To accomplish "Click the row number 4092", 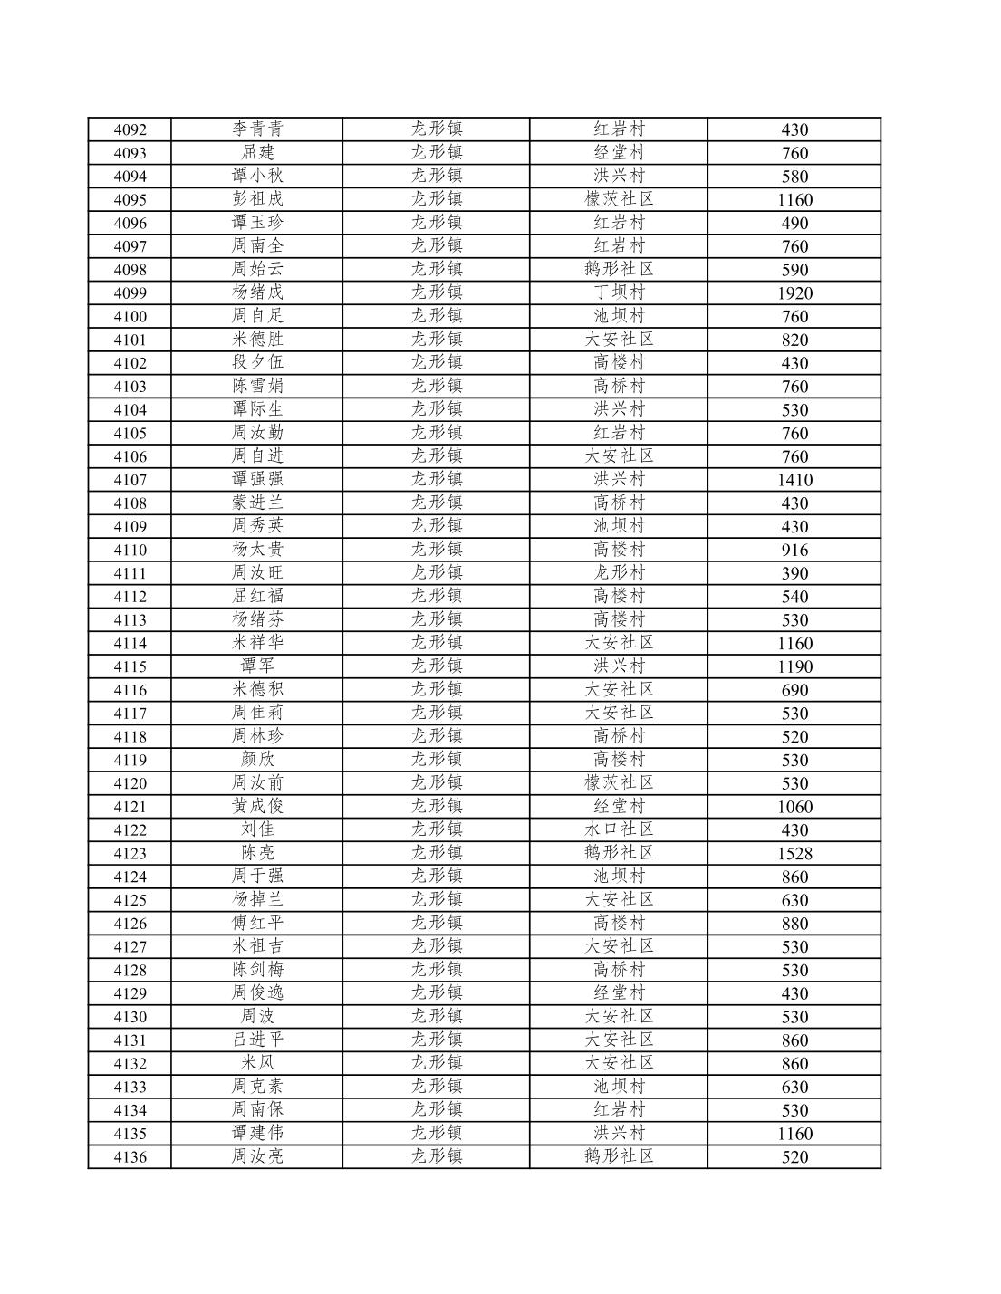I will pos(130,129).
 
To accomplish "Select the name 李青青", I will pos(257,129).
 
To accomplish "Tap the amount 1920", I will pos(794,293).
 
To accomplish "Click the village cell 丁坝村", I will pos(619,292).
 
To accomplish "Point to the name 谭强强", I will pos(257,480).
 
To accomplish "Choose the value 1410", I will pos(794,481).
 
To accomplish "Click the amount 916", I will pos(794,551).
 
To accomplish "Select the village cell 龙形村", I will pos(619,573).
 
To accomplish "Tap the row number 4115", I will pos(130,667).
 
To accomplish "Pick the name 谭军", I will pos(257,666).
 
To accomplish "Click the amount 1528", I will pos(794,854).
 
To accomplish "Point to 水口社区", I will pos(619,830).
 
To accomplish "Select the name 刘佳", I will pos(257,830).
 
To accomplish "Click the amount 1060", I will pos(794,807).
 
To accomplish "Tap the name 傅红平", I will pos(257,924).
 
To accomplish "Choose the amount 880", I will pos(794,925).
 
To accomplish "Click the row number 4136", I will pos(130,1157).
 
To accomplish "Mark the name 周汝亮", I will pos(257,1157).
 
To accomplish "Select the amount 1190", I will pos(794,667).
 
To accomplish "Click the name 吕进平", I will pos(257,1040).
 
